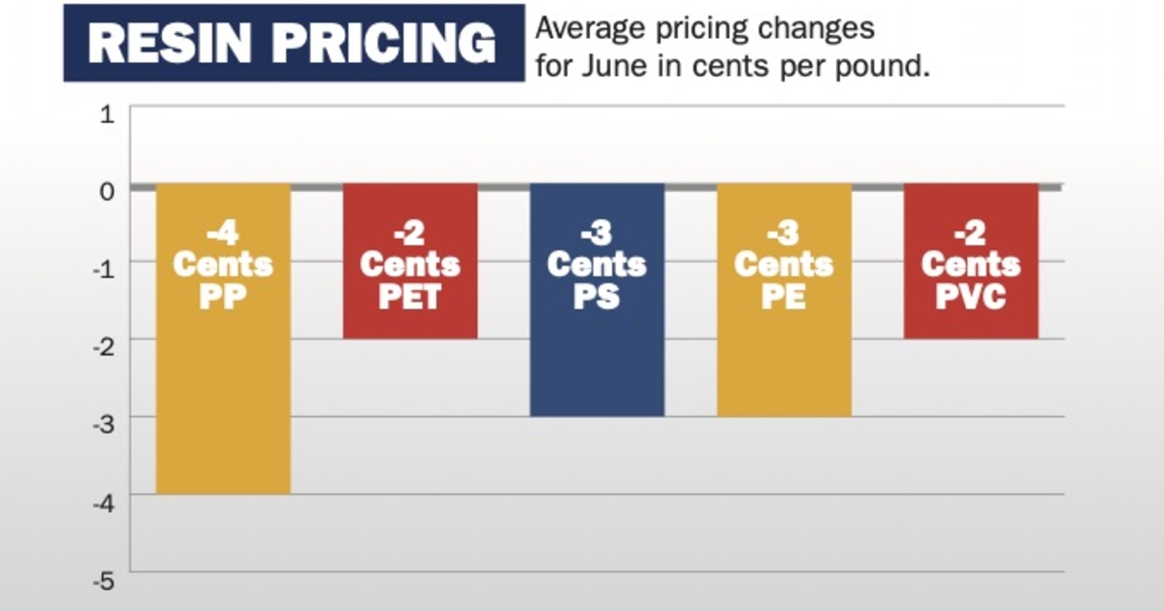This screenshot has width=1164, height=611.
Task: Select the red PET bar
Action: point(409,320)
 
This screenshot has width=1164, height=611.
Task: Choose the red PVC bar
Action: point(970,320)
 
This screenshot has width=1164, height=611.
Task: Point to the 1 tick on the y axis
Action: point(108,114)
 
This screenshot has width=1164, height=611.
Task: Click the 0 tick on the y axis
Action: point(108,190)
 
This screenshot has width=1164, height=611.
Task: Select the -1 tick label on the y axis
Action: point(104,268)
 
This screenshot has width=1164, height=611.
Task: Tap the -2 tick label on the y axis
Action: point(104,346)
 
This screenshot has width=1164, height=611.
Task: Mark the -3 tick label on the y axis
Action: point(104,425)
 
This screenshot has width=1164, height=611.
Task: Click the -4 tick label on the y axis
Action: point(104,502)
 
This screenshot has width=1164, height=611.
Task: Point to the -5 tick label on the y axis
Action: point(104,581)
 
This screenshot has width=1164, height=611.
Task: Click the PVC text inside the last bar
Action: point(970,295)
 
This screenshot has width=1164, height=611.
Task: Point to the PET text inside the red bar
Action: point(409,295)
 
